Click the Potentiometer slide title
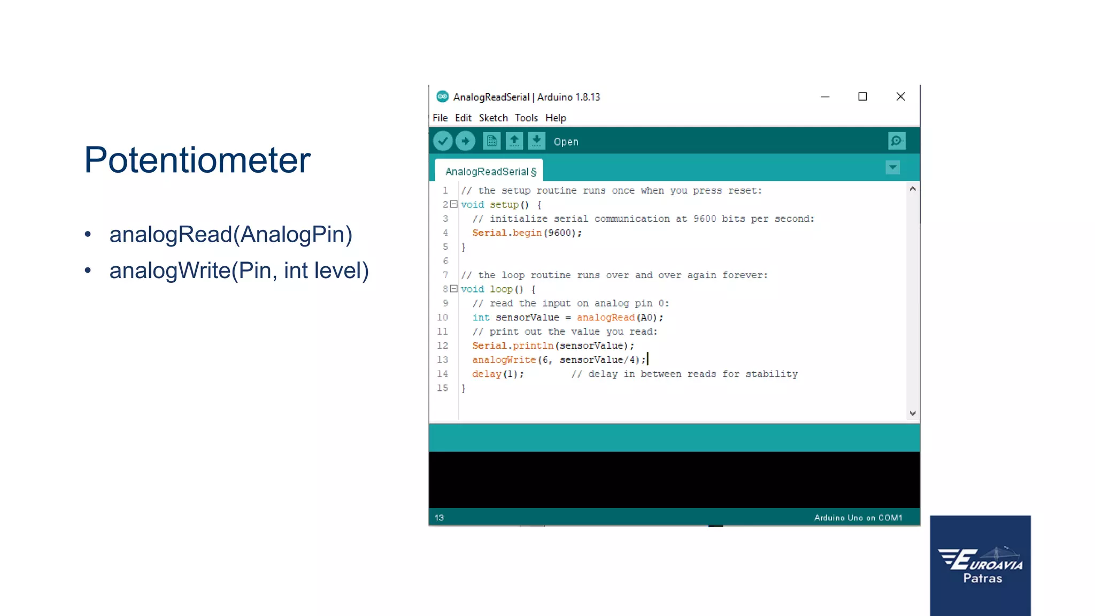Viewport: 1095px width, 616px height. click(197, 160)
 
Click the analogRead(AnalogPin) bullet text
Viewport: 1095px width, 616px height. click(230, 235)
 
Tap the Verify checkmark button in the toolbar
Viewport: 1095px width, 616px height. click(443, 141)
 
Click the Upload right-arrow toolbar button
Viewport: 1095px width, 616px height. click(465, 141)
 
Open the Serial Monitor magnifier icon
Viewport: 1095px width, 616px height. click(896, 141)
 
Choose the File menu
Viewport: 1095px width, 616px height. click(440, 118)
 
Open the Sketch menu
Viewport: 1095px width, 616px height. click(493, 118)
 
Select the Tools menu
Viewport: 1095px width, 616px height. click(526, 118)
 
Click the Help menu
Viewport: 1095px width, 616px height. click(556, 118)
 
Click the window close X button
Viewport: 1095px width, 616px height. click(900, 97)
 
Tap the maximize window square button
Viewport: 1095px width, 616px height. click(862, 97)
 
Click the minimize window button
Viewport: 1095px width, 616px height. click(825, 97)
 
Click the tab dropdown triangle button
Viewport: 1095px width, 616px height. click(892, 168)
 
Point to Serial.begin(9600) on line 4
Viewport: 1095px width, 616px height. click(527, 233)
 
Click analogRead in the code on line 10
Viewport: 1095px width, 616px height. click(605, 318)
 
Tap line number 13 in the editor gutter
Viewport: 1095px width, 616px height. click(443, 360)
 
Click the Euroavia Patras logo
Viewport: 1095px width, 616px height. click(980, 565)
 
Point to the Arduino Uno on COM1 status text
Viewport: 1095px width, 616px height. click(858, 518)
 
